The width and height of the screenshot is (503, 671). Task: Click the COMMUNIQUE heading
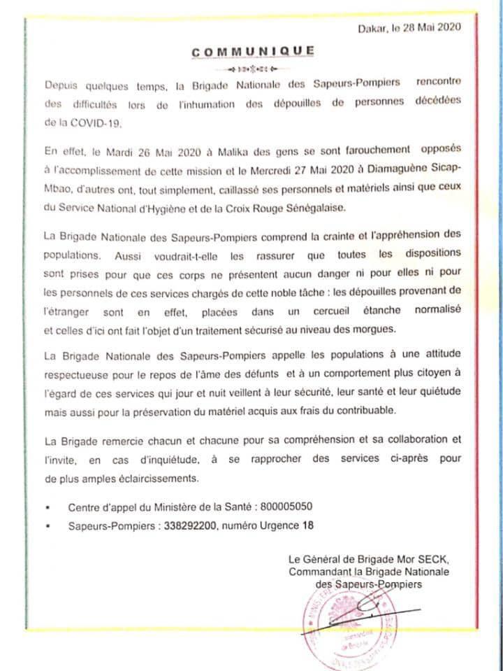[x=252, y=51]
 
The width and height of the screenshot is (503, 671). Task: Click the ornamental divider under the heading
[x=252, y=69]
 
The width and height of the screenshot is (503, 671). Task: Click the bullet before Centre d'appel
[x=47, y=507]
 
